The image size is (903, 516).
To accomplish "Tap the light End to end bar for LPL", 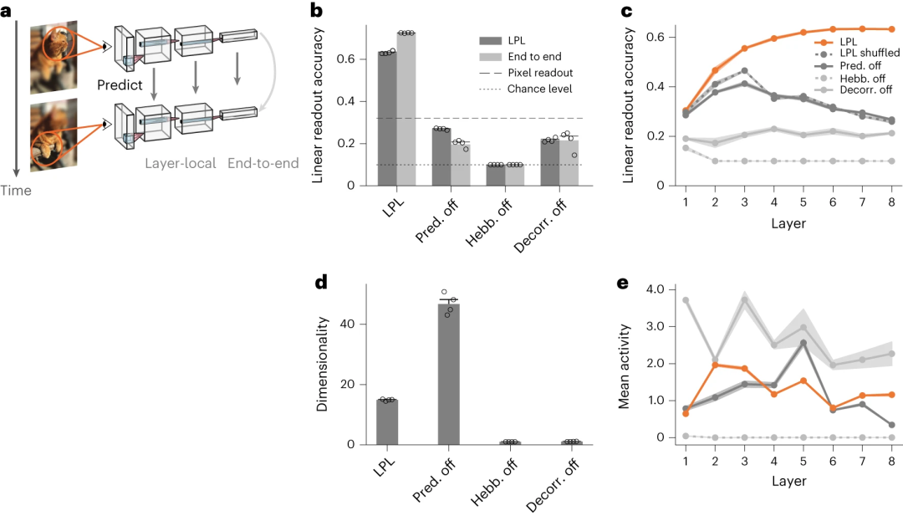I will click(406, 109).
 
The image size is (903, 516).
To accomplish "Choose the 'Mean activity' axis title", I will click(623, 361).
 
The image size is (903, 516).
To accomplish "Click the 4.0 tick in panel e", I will click(655, 289).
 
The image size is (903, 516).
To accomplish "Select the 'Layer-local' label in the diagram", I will click(181, 163).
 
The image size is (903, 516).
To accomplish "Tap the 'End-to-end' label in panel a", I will click(263, 163).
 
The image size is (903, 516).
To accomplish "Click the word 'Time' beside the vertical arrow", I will click(15, 191).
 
